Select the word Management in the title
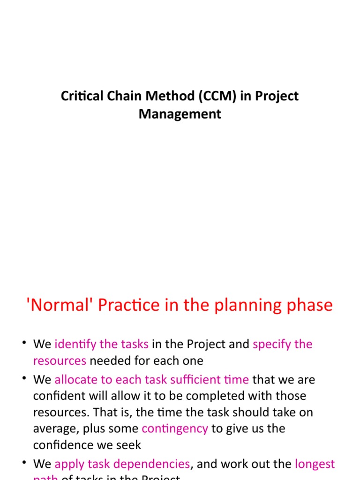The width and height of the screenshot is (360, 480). pyautogui.click(x=180, y=114)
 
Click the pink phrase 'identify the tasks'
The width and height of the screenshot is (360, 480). pyautogui.click(x=101, y=345)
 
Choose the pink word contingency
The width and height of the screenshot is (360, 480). pyautogui.click(x=175, y=429)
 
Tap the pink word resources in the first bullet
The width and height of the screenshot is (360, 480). pyautogui.click(x=60, y=361)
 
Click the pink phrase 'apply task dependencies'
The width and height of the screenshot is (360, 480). pyautogui.click(x=122, y=465)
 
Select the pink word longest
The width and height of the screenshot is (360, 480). pyautogui.click(x=315, y=465)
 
